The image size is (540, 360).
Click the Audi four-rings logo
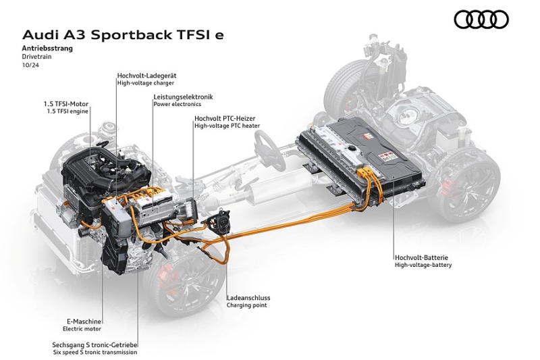point(481,20)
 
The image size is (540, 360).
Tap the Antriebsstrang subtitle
point(47,49)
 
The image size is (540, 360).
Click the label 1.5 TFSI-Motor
point(66,104)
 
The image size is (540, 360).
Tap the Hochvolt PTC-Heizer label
point(224,118)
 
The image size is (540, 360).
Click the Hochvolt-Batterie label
point(422,257)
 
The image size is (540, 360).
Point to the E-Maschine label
point(84,322)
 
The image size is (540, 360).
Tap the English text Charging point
point(247,305)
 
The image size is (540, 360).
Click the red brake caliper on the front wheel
point(158,278)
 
